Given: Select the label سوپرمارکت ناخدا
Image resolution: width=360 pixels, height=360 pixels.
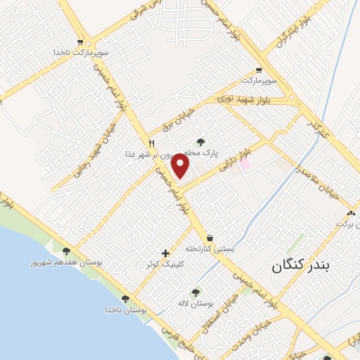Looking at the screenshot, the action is click(x=83, y=53).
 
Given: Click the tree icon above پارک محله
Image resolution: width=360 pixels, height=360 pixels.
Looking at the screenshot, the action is click(x=201, y=141).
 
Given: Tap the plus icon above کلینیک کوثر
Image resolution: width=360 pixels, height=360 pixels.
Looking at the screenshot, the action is click(x=165, y=253).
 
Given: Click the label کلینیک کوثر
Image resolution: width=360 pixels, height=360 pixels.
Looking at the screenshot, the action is click(x=166, y=264).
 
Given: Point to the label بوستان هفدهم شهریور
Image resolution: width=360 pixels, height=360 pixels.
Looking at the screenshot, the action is click(x=65, y=262).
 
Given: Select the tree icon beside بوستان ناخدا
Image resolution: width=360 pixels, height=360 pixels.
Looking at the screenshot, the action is click(x=125, y=299).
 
